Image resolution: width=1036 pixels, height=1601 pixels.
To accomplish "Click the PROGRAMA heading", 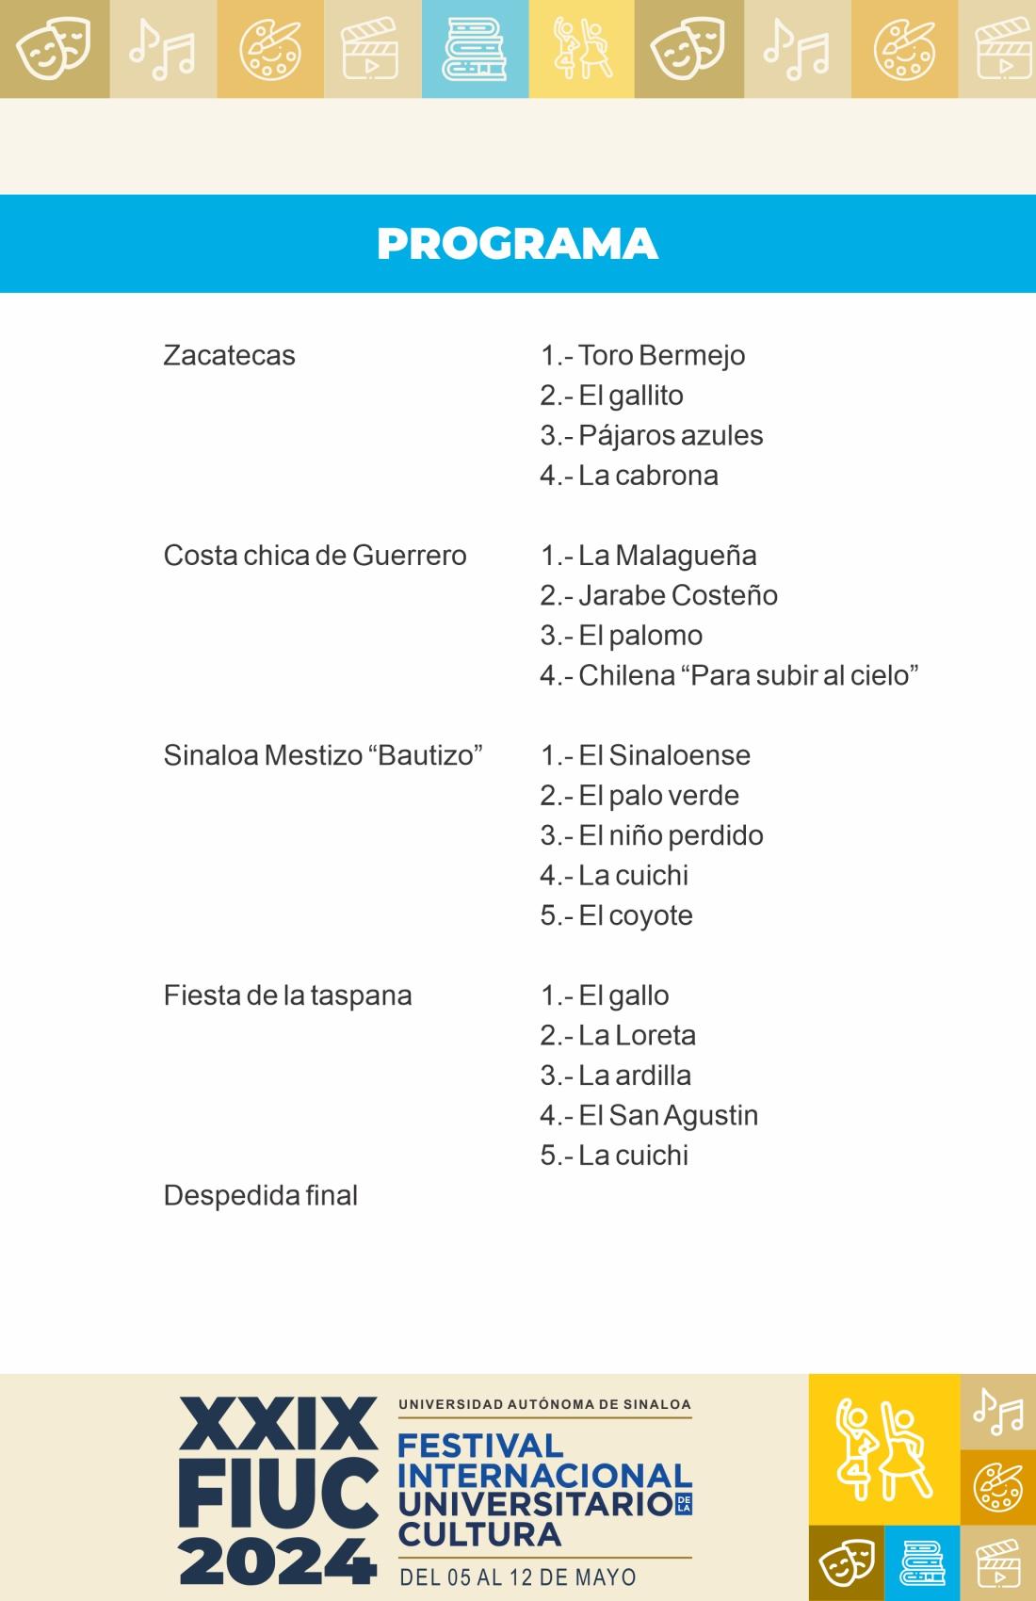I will pos(517,244).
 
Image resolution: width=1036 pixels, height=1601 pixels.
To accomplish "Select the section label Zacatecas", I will pos(229,356).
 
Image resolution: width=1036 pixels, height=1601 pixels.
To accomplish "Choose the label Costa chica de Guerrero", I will pos(315,556).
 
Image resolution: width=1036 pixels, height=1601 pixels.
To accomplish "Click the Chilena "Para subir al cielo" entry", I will pos(729,676).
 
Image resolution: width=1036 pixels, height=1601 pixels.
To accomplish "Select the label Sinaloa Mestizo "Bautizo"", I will pos(323,756).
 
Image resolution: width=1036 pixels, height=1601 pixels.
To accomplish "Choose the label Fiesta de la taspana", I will pos(287,996).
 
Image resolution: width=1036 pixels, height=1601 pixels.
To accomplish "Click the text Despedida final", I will pos(261,1196).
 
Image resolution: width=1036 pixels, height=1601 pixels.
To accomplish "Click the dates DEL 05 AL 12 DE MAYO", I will pos(518,1577).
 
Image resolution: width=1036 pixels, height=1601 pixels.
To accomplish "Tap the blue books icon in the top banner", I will pos(475,49).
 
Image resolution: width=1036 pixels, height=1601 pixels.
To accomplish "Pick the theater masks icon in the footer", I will pos(846,1563).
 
